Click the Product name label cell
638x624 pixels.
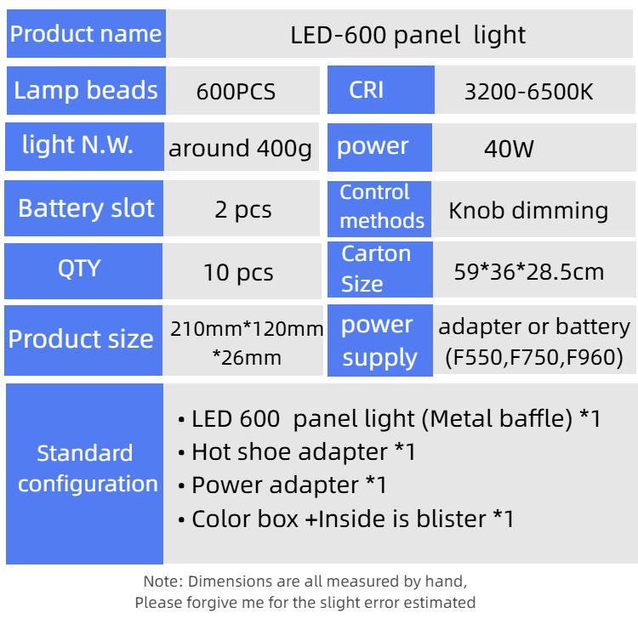pos(86,34)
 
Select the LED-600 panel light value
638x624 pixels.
pos(407,35)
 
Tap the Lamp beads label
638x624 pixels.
pos(86,90)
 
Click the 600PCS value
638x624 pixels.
pos(236,92)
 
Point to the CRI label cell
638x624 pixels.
pos(367,90)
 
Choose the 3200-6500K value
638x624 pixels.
pos(528,92)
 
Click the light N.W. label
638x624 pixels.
pos(78,145)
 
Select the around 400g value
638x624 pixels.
pos(241,150)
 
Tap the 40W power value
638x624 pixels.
pos(509,150)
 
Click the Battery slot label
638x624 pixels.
pos(86,208)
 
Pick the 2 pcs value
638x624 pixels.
pos(243,210)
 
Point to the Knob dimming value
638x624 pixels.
pos(528,211)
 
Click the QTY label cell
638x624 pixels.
pos(79,269)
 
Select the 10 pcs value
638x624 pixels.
pos(238,273)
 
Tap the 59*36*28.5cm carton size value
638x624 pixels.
pos(529,272)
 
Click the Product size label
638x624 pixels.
pos(81,339)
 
